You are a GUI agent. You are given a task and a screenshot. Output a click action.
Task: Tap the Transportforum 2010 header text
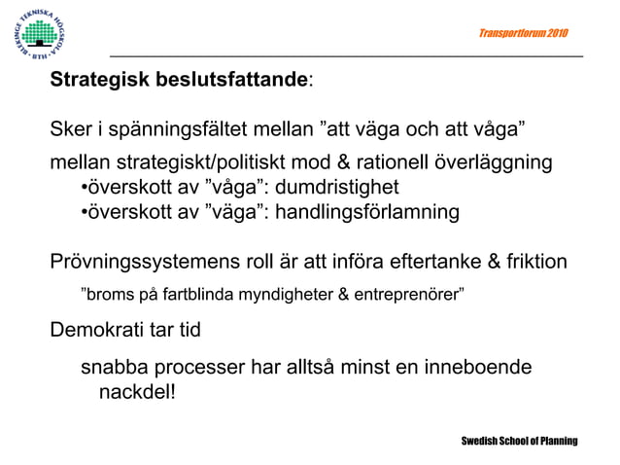tap(524, 34)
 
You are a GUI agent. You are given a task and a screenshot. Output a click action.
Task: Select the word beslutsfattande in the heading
tap(232, 80)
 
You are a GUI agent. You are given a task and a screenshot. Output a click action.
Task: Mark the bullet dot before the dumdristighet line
tap(85, 187)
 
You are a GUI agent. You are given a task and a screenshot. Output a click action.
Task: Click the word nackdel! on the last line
tap(137, 393)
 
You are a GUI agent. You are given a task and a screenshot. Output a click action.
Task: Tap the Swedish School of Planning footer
tap(519, 441)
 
